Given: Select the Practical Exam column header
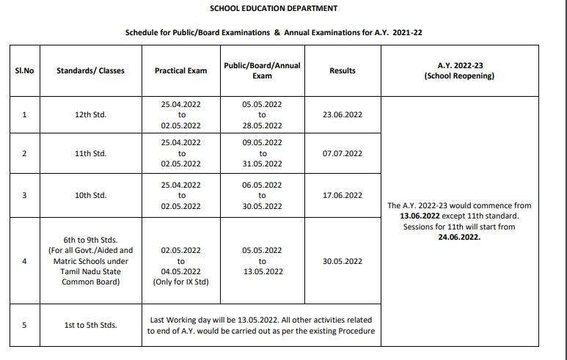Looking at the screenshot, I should (x=180, y=71).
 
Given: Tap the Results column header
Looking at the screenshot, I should (x=342, y=71).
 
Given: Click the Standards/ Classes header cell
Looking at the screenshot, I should (x=90, y=71).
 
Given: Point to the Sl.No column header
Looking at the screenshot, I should (x=24, y=71).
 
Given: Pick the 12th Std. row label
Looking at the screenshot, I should (x=90, y=115).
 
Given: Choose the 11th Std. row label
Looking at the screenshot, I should (x=90, y=154).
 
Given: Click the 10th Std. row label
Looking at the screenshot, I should (x=90, y=195).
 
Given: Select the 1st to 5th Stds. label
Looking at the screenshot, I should (x=90, y=325).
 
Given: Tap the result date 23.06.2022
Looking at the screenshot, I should (x=342, y=115).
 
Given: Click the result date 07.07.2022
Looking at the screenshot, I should (x=342, y=154).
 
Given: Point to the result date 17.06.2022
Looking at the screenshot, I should (x=342, y=195).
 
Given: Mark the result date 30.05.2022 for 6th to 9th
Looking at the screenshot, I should (x=342, y=261).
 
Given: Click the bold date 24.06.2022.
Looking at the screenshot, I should (x=459, y=238).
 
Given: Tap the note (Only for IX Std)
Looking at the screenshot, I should (x=180, y=282).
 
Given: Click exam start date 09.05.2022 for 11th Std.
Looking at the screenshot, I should (x=262, y=142).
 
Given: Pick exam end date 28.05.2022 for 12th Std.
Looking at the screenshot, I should (x=262, y=126).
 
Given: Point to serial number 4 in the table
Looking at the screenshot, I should (x=24, y=261).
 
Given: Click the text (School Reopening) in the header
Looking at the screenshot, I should (x=459, y=76).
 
